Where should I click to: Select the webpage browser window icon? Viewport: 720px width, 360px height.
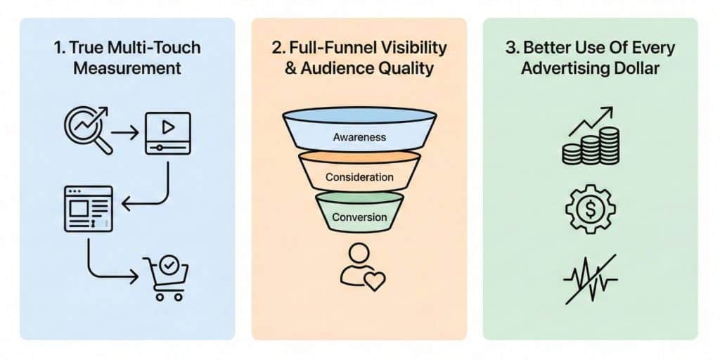coord(88,208)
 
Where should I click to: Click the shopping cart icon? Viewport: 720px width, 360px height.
coord(166,278)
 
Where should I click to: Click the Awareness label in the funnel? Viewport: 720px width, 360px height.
coord(359,137)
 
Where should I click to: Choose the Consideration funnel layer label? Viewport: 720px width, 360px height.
coord(359,177)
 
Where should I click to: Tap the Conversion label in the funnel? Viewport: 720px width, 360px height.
coord(359,217)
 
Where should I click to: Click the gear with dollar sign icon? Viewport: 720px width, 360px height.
coord(590,209)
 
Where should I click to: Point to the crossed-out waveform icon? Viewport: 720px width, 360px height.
coord(590,279)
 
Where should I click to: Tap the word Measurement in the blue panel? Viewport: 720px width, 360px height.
coord(127,68)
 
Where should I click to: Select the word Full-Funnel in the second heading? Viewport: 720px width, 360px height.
coord(328,49)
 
